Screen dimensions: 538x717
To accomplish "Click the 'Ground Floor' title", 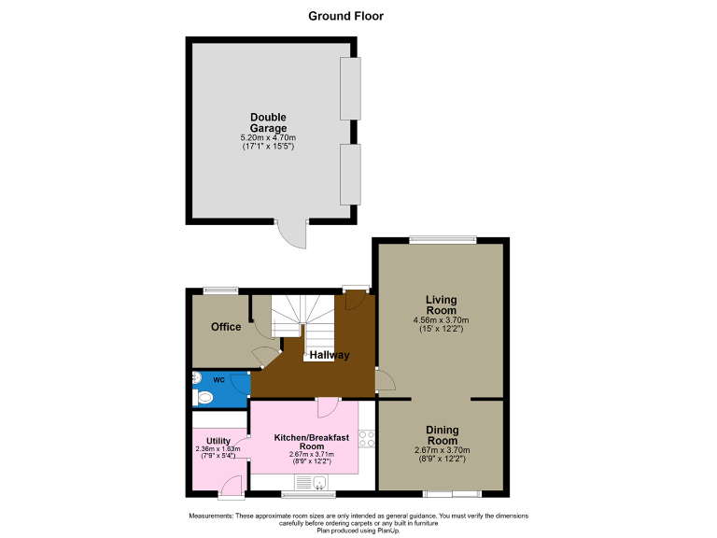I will [345, 16].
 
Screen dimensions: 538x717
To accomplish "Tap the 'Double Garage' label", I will [268, 122].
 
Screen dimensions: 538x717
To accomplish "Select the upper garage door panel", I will [350, 89].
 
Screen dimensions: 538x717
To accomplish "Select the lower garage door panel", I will [350, 174].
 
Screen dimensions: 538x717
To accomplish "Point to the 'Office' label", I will [226, 327].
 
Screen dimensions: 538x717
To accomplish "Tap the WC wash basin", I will [197, 377].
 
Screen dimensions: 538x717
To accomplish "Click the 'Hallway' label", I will [330, 355].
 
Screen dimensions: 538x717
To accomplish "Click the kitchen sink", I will [319, 482].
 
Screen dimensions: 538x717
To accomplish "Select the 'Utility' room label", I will [218, 441].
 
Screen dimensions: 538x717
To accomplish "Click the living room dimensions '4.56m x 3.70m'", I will [442, 320].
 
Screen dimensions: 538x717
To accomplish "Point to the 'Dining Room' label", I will [442, 434].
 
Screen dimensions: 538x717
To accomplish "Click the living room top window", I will [441, 238].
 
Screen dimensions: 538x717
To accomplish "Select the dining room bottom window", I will [452, 492].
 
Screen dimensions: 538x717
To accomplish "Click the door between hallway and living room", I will [384, 380].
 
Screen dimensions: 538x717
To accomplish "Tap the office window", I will [221, 290].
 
